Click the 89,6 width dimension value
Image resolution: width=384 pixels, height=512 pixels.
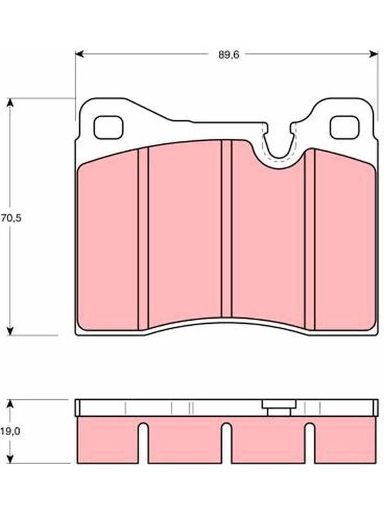[228, 55]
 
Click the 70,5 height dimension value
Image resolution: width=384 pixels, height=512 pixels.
[11, 218]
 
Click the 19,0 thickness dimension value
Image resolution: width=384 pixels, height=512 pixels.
[10, 431]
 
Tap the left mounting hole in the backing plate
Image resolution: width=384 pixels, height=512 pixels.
[108, 127]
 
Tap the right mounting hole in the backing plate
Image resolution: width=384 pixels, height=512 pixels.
[344, 127]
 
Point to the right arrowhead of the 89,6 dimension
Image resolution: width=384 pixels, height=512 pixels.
[374, 54]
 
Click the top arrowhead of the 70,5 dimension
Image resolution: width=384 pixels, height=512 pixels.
[10, 102]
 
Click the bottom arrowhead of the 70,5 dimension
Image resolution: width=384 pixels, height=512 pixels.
[10, 330]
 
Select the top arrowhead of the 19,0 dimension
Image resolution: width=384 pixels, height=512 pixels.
[10, 404]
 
